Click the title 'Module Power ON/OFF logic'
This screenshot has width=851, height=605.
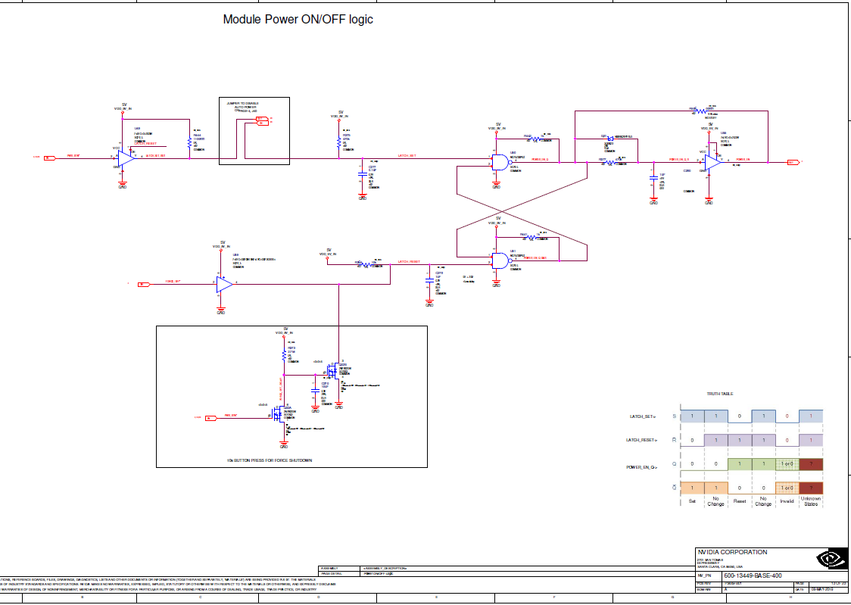pyautogui.click(x=298, y=19)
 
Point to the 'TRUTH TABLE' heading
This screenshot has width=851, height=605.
pyautogui.click(x=719, y=394)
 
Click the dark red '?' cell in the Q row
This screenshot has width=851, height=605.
pyautogui.click(x=811, y=464)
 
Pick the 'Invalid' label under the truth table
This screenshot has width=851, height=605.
pyautogui.click(x=787, y=501)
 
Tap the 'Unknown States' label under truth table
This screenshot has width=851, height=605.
pyautogui.click(x=811, y=501)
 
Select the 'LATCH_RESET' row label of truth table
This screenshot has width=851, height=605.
pyautogui.click(x=642, y=440)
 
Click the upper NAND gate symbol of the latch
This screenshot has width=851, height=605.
pyautogui.click(x=500, y=161)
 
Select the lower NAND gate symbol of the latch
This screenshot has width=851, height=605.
pyautogui.click(x=500, y=260)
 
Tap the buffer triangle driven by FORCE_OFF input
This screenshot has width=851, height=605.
pyautogui.click(x=224, y=285)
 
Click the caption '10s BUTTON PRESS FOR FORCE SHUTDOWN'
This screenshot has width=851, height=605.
pyautogui.click(x=270, y=460)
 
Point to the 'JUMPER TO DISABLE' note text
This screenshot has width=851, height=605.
pyautogui.click(x=242, y=102)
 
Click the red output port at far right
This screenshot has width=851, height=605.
pyautogui.click(x=792, y=162)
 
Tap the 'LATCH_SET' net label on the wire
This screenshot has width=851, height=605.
pyautogui.click(x=407, y=155)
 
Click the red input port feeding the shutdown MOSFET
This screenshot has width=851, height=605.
pyautogui.click(x=210, y=416)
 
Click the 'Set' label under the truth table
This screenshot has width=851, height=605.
pyautogui.click(x=692, y=501)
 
